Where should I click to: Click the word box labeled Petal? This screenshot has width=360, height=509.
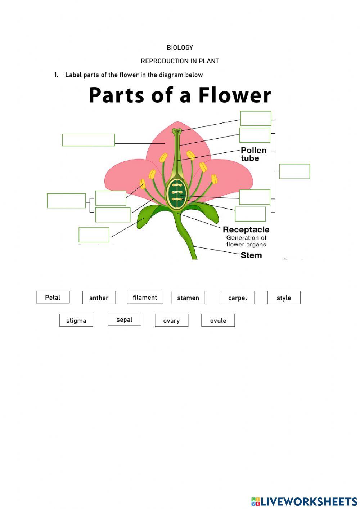[x=53, y=297]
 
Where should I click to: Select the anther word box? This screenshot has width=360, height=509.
[x=99, y=298]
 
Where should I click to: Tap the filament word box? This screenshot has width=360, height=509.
[x=145, y=297]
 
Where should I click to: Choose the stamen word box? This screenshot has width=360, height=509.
[x=188, y=298]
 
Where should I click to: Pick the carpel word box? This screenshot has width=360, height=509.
[x=237, y=298]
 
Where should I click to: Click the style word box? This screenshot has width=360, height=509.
[x=284, y=298]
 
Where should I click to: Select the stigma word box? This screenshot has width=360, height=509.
[x=76, y=320]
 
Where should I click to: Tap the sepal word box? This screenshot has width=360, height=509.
[x=124, y=320]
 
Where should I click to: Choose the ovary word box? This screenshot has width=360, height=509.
[x=171, y=320]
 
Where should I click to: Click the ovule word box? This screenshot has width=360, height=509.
[x=218, y=320]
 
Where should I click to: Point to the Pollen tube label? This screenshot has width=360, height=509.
[x=253, y=154]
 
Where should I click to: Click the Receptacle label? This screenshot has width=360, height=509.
[x=246, y=229]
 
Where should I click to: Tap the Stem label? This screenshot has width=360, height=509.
[x=251, y=255]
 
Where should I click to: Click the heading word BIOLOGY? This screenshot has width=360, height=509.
[x=180, y=48]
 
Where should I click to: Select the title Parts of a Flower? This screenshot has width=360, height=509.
[x=180, y=95]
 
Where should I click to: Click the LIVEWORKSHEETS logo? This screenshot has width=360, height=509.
[x=304, y=501]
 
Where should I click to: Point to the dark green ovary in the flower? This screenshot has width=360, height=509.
[x=176, y=193]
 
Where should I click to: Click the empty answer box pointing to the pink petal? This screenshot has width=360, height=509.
[x=89, y=140]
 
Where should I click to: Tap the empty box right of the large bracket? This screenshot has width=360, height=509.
[x=294, y=171]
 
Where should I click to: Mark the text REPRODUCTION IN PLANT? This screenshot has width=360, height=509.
[x=180, y=61]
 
